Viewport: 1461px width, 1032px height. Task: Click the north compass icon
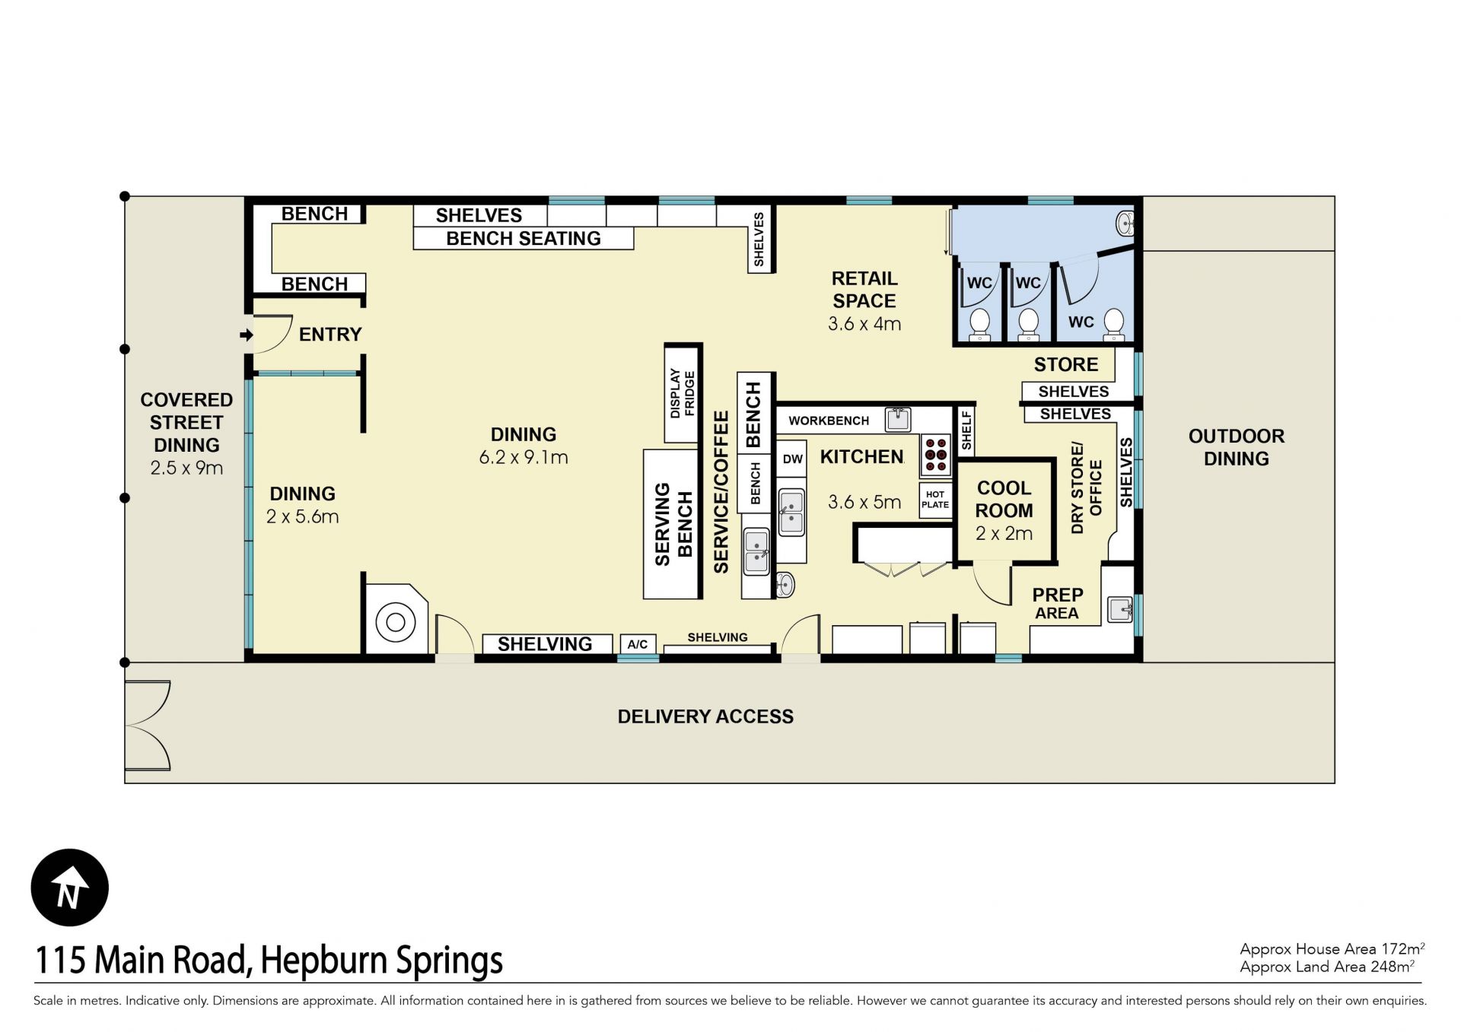point(70,888)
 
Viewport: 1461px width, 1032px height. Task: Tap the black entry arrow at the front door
point(247,335)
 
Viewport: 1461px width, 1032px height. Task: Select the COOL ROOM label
point(1004,499)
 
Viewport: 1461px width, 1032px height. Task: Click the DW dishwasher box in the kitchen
point(792,459)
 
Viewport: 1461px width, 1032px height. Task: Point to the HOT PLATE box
point(935,500)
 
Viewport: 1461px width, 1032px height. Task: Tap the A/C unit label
point(638,644)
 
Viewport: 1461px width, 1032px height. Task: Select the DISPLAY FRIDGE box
point(682,394)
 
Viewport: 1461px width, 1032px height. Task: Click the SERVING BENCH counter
point(671,524)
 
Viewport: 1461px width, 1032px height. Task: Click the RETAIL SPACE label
point(864,290)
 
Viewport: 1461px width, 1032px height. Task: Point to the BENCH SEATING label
point(524,239)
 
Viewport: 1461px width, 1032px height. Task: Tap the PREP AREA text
point(1058,604)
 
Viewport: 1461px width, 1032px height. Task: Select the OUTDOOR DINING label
point(1237,447)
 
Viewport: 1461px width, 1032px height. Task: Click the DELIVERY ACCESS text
point(705,716)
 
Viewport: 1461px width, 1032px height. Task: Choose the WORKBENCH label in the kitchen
point(829,421)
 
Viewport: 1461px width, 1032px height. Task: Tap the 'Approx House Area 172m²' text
point(1332,948)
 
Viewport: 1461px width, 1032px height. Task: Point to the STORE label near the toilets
point(1066,364)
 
